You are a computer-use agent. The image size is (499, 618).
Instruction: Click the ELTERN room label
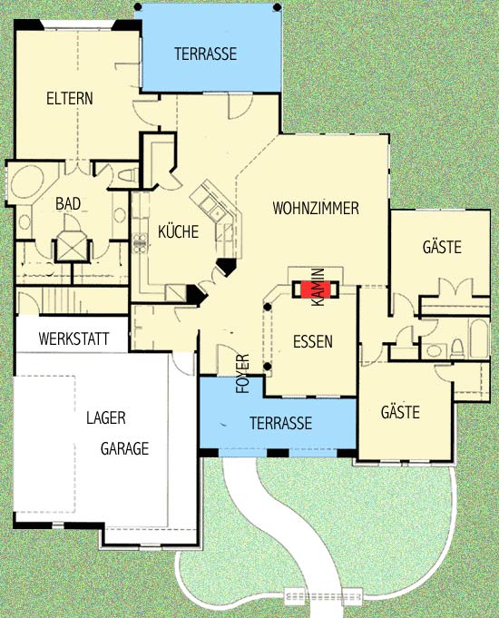point(70,99)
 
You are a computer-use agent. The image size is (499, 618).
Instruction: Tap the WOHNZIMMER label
point(316,208)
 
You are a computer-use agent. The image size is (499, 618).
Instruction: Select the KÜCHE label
point(178,231)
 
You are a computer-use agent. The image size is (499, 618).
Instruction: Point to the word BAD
point(68,204)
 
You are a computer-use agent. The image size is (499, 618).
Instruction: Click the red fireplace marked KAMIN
point(316,289)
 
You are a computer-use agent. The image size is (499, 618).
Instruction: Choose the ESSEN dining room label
point(313,341)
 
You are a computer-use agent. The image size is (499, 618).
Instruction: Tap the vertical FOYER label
point(243,374)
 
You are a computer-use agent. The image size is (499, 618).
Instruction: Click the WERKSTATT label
point(73,339)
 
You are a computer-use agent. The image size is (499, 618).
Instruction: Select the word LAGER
point(106,417)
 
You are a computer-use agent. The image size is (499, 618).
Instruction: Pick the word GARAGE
point(124,448)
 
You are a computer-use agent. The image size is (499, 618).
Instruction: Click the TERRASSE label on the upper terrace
point(205,54)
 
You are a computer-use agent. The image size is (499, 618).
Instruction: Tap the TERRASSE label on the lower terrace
point(280,423)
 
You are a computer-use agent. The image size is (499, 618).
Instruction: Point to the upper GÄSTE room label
point(442,247)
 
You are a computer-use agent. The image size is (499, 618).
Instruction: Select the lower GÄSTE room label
point(400,412)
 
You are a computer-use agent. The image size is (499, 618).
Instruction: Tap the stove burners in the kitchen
point(140,243)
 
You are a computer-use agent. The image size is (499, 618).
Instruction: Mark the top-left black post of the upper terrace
point(138,6)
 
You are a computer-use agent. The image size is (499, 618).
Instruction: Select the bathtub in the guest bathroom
point(479,338)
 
